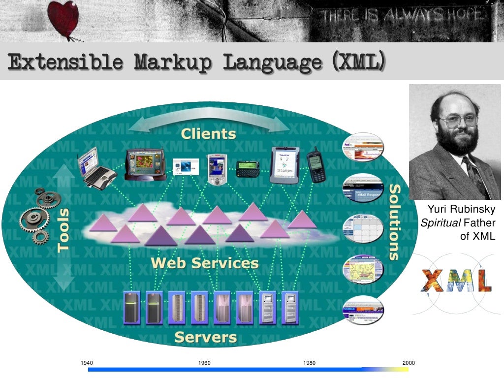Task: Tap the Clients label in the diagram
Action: [208, 133]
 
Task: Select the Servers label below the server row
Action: [206, 337]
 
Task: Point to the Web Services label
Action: [205, 262]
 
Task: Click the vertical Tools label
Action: [63, 230]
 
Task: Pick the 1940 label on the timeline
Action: [87, 363]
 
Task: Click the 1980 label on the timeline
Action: [310, 363]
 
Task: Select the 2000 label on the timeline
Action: [409, 363]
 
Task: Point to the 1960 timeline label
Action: [204, 363]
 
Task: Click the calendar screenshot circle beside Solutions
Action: [363, 228]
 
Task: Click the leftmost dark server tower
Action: [132, 308]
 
